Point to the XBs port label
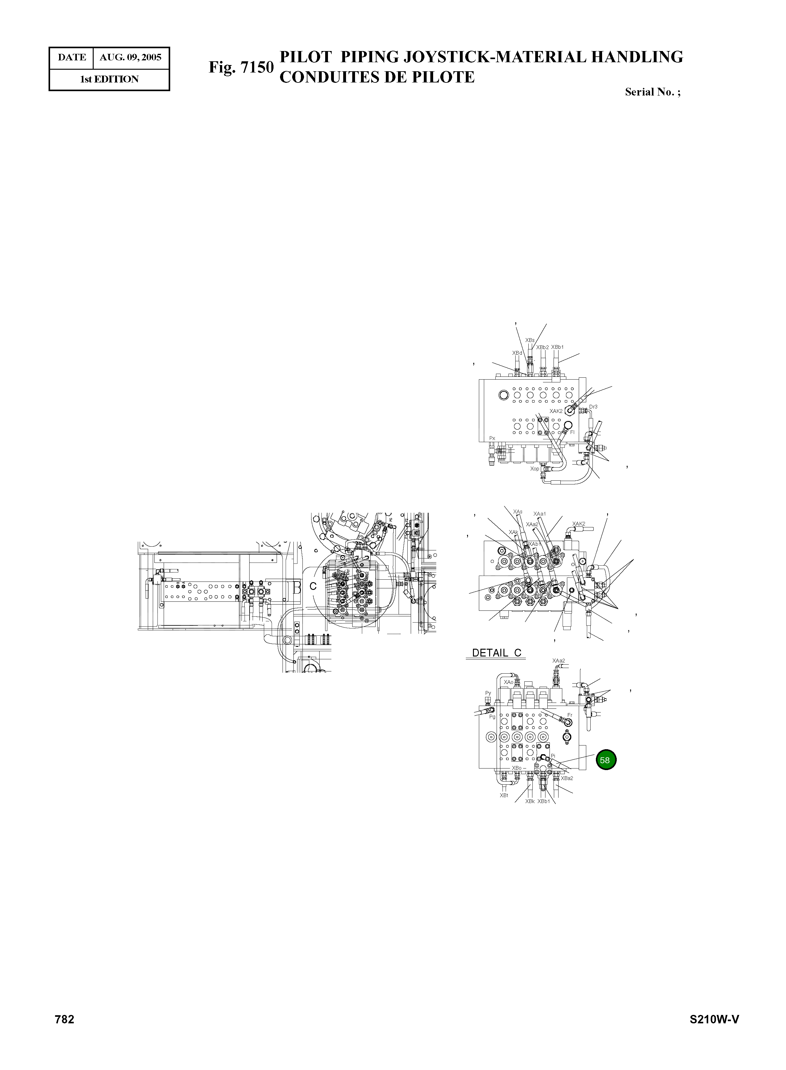pos(530,340)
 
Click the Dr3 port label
pos(593,407)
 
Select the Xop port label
pos(535,469)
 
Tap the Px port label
pos(492,438)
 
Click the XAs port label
pos(518,512)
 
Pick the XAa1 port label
pos(540,514)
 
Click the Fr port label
pos(569,715)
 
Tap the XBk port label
pos(530,801)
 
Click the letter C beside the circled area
pos(313,586)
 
